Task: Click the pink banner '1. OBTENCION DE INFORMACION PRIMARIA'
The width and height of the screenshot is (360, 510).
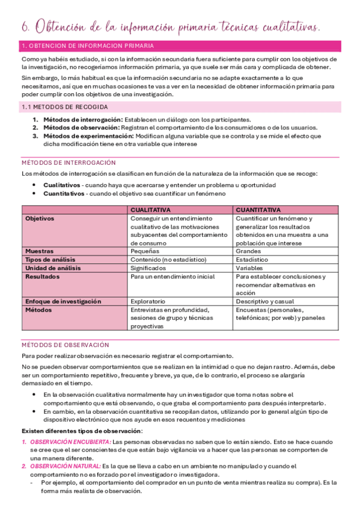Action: [x=87, y=46]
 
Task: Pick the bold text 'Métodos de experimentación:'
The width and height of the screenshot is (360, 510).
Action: [x=87, y=136]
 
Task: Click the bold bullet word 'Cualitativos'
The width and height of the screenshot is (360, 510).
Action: [x=61, y=185]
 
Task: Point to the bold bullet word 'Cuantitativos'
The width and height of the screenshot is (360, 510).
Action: [x=64, y=194]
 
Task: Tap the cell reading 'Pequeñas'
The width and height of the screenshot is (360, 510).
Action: [x=145, y=251]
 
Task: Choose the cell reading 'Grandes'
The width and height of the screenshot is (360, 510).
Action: [x=248, y=251]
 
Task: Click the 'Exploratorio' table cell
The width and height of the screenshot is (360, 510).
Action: [x=148, y=301]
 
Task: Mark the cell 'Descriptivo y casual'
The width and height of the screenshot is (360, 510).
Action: [x=264, y=301]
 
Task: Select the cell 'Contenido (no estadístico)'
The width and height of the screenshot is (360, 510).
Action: [x=168, y=259]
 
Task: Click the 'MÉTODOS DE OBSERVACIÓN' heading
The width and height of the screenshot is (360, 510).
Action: [x=65, y=345]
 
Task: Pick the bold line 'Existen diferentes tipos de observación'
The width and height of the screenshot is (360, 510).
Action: [x=82, y=431]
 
